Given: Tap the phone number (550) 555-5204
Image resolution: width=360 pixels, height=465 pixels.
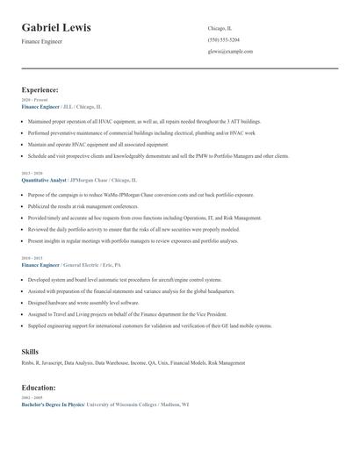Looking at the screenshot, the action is [x=224, y=39].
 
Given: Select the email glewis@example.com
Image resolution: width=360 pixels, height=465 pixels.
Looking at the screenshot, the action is [x=230, y=51].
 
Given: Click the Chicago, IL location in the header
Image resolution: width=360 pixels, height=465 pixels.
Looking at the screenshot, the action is [x=220, y=28].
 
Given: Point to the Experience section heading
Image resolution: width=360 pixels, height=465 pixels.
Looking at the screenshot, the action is [x=40, y=89].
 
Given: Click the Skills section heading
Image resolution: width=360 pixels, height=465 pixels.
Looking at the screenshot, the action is [x=30, y=351].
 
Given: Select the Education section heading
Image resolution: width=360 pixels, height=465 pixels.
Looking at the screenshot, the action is [x=40, y=387].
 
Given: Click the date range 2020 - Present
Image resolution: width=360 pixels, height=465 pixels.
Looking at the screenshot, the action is [x=34, y=100].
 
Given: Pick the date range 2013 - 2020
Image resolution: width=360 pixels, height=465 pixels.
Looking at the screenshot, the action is [x=32, y=173].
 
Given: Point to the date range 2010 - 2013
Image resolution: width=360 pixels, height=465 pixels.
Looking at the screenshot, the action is [x=32, y=258].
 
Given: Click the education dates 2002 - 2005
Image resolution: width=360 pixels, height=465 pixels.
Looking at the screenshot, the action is [x=32, y=397].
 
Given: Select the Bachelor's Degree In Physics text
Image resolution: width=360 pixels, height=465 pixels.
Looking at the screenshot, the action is [x=53, y=404].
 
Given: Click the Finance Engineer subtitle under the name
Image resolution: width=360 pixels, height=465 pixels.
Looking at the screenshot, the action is [x=42, y=41].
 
